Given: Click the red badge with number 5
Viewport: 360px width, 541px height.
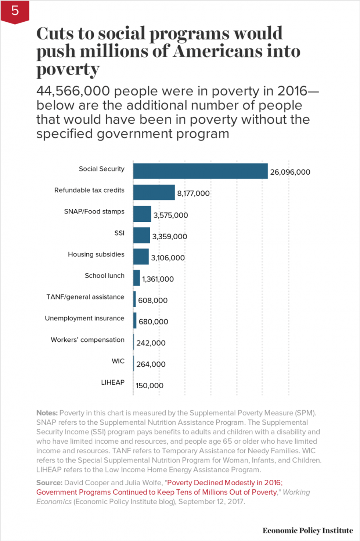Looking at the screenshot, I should point(15,11).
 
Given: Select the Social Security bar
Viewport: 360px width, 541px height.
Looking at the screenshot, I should point(200,171).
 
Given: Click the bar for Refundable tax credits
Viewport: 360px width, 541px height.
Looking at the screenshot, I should point(154,192).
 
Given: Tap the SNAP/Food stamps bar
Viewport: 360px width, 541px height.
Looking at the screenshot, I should point(142,214).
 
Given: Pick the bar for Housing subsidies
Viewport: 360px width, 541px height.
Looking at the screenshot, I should point(141,257).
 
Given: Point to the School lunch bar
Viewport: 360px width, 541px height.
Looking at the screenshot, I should point(137,278).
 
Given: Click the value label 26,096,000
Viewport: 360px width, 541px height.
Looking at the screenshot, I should point(290,172).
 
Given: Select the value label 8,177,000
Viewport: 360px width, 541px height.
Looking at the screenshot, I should point(193,193).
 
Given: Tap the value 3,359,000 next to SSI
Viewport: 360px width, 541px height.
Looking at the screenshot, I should point(169,236).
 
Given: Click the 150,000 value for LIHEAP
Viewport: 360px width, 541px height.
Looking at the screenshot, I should point(149,385).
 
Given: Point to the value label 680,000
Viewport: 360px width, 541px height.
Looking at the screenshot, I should point(153,322).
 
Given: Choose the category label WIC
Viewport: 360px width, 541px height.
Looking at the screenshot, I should point(118,361).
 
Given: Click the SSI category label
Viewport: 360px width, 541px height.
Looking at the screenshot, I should point(119,233).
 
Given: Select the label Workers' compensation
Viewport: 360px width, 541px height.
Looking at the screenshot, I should point(87,340).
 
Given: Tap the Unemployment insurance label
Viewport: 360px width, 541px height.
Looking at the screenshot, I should point(84,318).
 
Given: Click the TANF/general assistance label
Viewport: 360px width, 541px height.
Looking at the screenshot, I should point(85,297).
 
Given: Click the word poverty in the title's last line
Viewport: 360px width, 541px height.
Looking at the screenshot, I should point(68,69).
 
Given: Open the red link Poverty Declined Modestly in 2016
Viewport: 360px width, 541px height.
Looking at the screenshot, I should point(225,483).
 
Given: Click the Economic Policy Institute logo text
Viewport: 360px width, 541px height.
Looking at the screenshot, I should point(307,530).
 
